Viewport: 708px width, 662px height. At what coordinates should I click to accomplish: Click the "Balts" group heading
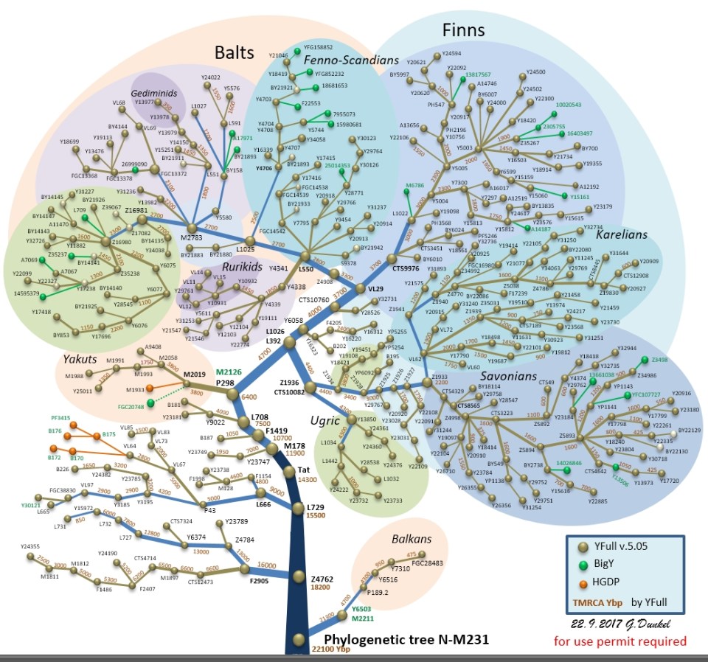234,52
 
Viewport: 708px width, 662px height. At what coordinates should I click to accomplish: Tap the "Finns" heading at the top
463,30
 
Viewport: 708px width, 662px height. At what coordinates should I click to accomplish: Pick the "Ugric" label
324,421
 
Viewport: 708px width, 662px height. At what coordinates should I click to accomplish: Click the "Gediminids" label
154,94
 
